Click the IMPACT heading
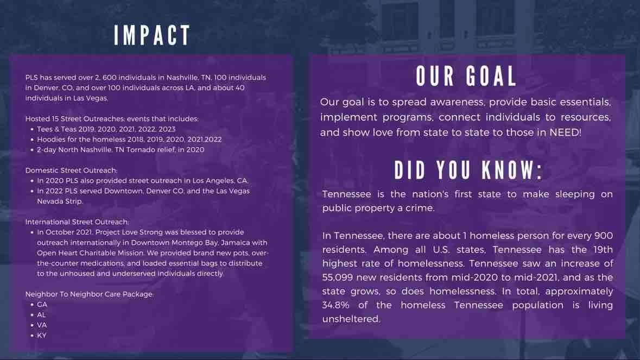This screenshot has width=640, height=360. click(x=152, y=35)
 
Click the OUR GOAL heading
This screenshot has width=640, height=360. click(x=466, y=76)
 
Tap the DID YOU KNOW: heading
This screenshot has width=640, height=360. click(x=468, y=170)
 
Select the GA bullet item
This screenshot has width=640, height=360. click(x=42, y=305)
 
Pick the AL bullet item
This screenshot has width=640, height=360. click(x=41, y=315)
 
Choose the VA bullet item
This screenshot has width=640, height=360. click(x=42, y=325)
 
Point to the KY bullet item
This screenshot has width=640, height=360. click(x=42, y=335)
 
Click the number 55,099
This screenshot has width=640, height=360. click(x=337, y=277)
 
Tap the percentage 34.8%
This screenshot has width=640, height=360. click(x=335, y=305)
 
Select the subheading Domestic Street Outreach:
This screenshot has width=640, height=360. click(x=71, y=170)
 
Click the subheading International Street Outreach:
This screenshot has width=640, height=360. click(x=77, y=222)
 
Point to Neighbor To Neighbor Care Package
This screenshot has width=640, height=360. click(x=88, y=294)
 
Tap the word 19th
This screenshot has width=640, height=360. click(x=602, y=249)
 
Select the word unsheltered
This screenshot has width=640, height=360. click(x=351, y=319)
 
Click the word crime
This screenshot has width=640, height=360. click(x=422, y=208)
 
